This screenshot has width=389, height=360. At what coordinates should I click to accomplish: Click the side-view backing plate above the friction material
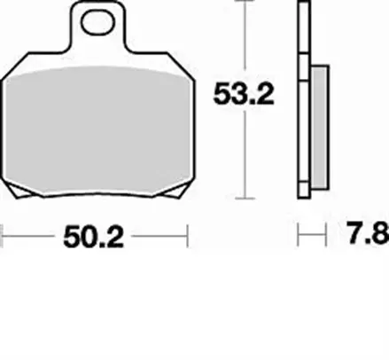[305, 35]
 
